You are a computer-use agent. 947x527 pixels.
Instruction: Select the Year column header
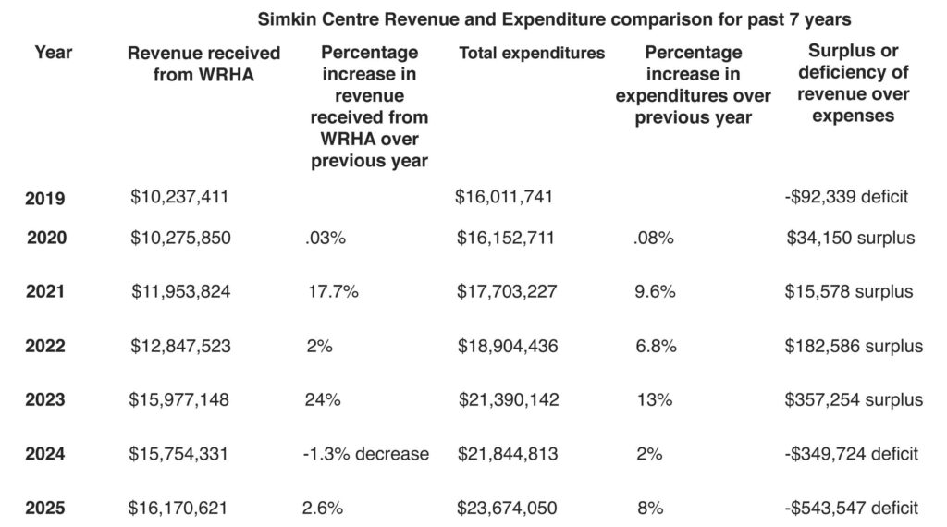(54, 53)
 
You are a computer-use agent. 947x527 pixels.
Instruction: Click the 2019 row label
(45, 198)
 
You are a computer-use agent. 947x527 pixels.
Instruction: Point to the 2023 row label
(45, 400)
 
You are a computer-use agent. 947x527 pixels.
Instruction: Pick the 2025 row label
(45, 508)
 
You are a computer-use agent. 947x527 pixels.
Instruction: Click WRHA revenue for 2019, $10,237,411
(179, 196)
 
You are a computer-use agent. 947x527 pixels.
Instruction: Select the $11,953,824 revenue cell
(181, 292)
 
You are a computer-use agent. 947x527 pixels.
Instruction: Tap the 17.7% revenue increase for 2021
(333, 292)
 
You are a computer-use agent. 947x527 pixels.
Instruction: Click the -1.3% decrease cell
(366, 454)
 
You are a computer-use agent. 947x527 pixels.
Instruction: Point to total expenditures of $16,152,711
(506, 239)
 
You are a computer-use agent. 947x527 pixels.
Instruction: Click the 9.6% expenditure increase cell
(656, 292)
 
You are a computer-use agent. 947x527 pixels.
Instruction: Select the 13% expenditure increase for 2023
(654, 400)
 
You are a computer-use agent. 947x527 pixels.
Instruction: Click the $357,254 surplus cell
(853, 400)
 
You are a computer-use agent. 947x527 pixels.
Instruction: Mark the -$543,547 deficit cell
(850, 508)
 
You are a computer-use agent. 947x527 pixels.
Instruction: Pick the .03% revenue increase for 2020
(325, 239)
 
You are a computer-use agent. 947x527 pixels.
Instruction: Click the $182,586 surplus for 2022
(853, 347)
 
